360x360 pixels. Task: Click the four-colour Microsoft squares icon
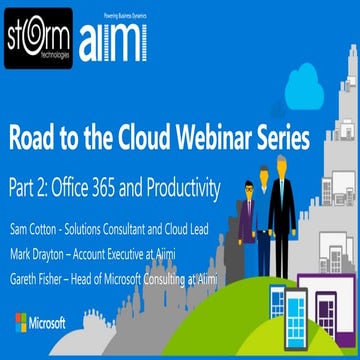tap(21, 322)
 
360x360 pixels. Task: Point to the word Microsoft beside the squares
tap(50, 322)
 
